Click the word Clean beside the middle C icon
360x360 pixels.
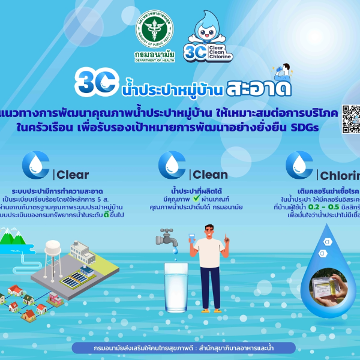point(210,175)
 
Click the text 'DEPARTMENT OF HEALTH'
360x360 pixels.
point(151,61)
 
